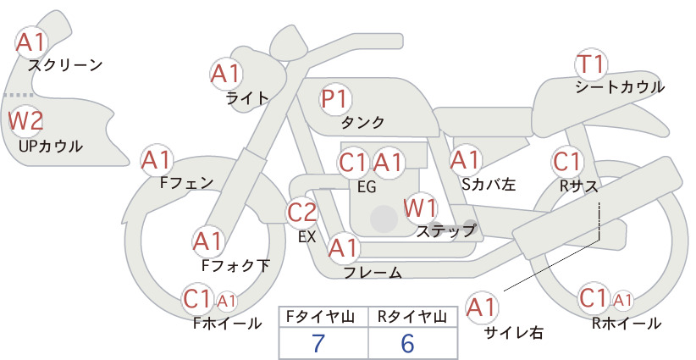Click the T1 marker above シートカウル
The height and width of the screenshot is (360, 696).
pos(591,64)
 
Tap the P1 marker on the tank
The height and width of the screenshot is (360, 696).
pos(335,98)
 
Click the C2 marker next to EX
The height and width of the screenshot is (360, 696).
pos(301,212)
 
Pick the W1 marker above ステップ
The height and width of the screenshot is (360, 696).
pos(420,208)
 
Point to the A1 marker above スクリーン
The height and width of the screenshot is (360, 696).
pos(31,42)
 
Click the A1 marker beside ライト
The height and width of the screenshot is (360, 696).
pos(225,75)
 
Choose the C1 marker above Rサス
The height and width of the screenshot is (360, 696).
pos(567,162)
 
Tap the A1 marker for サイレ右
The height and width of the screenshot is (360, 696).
pos(482,307)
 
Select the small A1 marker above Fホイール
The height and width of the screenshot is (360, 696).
pos(226,302)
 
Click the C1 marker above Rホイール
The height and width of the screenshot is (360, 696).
pos(594,298)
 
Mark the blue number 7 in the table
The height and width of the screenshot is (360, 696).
pos(318,343)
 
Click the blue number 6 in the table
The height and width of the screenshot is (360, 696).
pos(407,343)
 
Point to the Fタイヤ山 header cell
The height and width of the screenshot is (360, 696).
pos(323,317)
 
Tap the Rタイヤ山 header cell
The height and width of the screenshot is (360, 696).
pos(413,317)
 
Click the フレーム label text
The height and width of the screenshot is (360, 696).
pos(373,273)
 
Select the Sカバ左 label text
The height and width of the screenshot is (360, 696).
pos(489,184)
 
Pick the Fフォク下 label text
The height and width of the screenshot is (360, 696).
pos(235,265)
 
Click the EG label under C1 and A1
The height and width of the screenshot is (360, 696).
pos(367,187)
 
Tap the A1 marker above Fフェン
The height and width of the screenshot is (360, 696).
pos(157,160)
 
